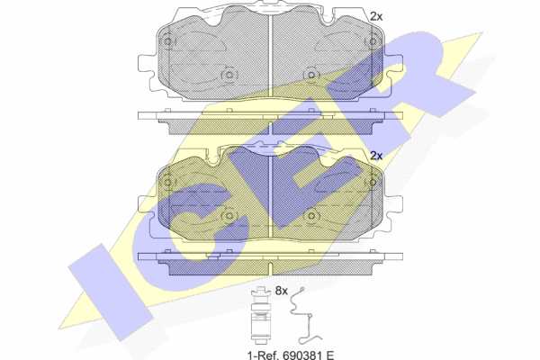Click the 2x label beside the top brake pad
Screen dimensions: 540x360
(376, 16)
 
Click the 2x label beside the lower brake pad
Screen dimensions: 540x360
(376, 156)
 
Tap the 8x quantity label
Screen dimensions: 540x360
(281, 291)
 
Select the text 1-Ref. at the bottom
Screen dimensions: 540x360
(263, 355)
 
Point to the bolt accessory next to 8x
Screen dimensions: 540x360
(260, 316)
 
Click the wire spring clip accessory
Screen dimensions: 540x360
(305, 316)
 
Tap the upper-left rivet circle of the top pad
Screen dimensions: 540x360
(167, 41)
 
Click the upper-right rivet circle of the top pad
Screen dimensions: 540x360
(373, 41)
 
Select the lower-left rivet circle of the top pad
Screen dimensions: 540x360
(229, 75)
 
